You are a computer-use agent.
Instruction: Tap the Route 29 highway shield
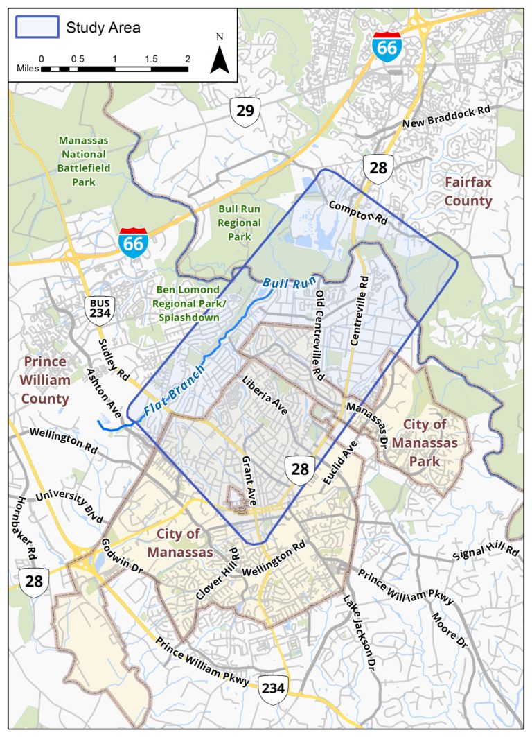[x=245, y=112]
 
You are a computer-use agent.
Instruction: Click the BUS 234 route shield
[x=98, y=311]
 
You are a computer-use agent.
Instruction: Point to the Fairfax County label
[x=468, y=191]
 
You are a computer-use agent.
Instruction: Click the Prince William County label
[x=46, y=380]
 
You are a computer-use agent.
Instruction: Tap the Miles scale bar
[x=114, y=69]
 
